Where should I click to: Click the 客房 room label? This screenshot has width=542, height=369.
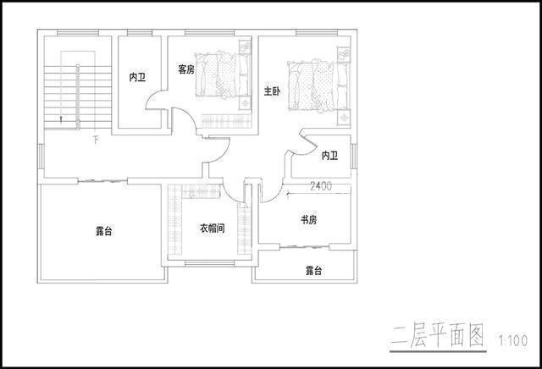pyautogui.click(x=186, y=69)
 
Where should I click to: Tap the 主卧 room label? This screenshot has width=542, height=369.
pyautogui.click(x=272, y=91)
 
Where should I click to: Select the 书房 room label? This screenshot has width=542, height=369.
pyautogui.click(x=308, y=220)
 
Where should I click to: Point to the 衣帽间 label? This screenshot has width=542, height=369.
pyautogui.click(x=212, y=229)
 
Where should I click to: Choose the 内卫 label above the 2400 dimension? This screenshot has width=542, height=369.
pyautogui.click(x=329, y=156)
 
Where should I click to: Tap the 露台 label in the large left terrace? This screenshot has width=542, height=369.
pyautogui.click(x=103, y=230)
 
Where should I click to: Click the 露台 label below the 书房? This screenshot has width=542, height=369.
pyautogui.click(x=314, y=271)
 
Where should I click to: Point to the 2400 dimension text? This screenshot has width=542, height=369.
pyautogui.click(x=321, y=185)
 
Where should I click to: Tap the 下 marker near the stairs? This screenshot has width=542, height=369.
pyautogui.click(x=96, y=138)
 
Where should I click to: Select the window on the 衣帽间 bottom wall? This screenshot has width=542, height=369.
pyautogui.click(x=208, y=264)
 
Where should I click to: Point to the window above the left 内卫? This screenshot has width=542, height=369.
pyautogui.click(x=140, y=34)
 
